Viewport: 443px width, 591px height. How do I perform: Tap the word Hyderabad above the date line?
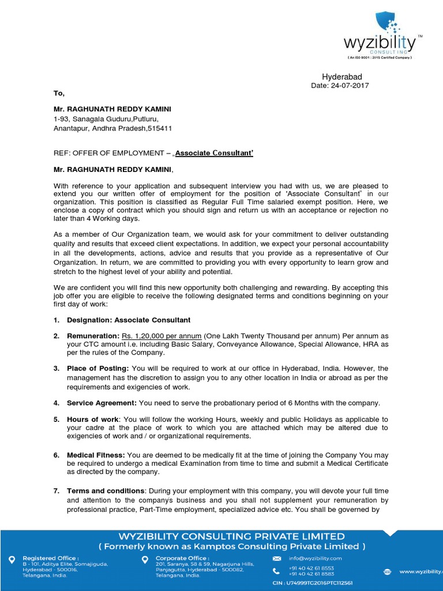coord(341,77)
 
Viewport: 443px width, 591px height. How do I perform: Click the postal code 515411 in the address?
coord(160,128)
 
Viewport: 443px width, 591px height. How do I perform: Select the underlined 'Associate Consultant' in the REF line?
coord(214,153)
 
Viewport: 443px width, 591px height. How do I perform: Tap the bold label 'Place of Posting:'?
coord(98,368)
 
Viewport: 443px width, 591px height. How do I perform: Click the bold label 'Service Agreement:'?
coord(101,403)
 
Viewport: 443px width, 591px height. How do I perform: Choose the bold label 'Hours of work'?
coord(93,419)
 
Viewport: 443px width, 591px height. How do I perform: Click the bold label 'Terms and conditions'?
coord(106,491)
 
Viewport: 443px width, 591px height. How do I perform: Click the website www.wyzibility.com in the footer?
coord(419,571)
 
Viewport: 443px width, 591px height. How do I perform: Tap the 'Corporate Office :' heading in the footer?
coord(182,558)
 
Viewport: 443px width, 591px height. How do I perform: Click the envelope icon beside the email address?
coord(277,559)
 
